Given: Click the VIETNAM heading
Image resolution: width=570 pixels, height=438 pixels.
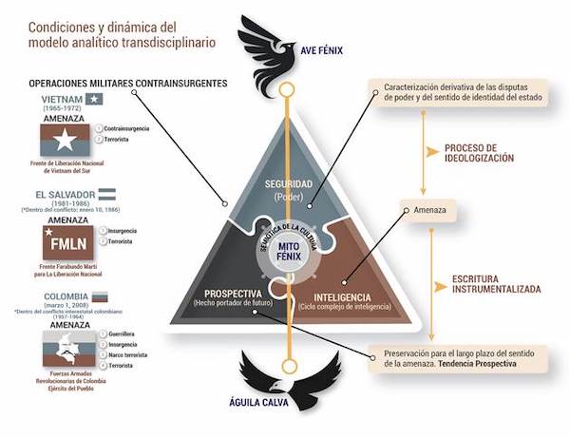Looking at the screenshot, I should [x=63, y=99].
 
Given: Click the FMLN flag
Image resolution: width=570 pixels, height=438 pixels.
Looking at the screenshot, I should [x=63, y=243].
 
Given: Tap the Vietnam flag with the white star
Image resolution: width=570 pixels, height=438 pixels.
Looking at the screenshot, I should [x=64, y=143].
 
